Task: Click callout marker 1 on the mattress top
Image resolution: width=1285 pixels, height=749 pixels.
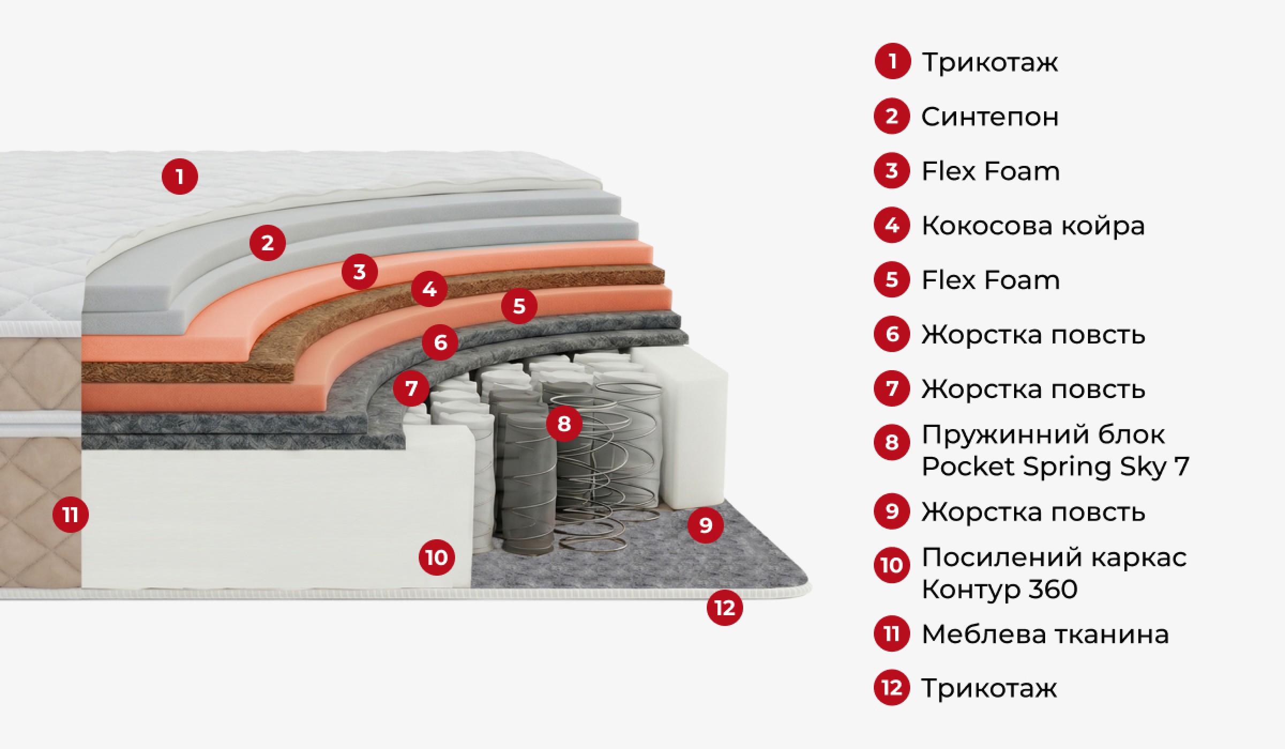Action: point(180,177)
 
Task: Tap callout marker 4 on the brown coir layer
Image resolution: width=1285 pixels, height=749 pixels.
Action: point(429,289)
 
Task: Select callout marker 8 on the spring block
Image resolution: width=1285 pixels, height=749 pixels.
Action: point(564,424)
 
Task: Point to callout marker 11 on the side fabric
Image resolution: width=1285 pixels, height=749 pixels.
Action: point(71,515)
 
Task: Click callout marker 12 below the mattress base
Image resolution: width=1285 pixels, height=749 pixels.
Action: point(725,608)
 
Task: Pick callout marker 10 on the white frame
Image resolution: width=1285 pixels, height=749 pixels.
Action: point(437,557)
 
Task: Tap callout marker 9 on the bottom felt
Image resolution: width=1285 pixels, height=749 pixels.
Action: point(706,525)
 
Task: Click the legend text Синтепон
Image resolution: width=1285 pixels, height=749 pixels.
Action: point(990,117)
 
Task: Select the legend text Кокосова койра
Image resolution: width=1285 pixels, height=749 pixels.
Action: point(1033,226)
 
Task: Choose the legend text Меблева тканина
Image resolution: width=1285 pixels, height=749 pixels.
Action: point(1045,634)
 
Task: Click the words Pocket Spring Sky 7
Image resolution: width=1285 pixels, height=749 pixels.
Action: point(1055,467)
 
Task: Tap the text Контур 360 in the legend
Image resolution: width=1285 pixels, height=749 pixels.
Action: point(1000,589)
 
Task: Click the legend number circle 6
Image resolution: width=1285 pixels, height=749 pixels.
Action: point(892,334)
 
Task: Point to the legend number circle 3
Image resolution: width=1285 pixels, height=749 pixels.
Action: point(892,171)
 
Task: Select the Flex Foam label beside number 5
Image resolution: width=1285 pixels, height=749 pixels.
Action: point(991,280)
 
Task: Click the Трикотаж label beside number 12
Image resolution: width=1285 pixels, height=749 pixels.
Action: point(989,689)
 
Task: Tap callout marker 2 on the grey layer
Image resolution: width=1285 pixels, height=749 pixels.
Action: point(268,243)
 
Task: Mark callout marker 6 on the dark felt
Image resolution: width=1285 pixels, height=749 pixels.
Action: point(440,342)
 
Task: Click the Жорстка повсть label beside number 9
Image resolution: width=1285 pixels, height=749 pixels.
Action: point(1033,511)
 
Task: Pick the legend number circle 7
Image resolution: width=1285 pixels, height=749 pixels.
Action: point(892,388)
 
